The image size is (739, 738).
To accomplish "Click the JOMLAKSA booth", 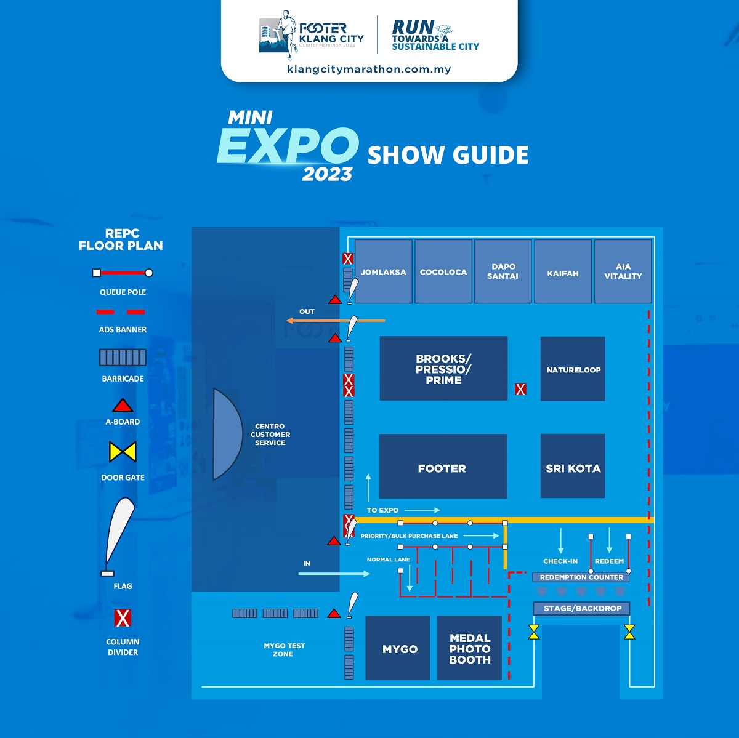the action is click(x=384, y=271).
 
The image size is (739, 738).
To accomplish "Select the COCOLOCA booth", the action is click(x=443, y=271).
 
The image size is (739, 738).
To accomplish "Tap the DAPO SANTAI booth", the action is click(x=503, y=271).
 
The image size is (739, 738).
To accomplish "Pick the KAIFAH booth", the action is click(x=563, y=271).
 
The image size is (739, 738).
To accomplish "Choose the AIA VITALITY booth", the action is click(x=623, y=271).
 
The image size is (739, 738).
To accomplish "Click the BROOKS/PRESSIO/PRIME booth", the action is click(x=443, y=369).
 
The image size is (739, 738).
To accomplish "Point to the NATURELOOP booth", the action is click(x=573, y=369).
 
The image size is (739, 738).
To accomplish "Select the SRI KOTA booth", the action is click(x=573, y=466).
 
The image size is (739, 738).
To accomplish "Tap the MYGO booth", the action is click(x=398, y=648).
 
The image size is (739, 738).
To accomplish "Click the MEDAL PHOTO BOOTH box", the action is click(x=469, y=648).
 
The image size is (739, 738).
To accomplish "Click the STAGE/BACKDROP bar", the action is click(x=581, y=608).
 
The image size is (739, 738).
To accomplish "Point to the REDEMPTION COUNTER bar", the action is click(x=581, y=577).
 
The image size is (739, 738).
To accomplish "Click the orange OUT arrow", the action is click(x=336, y=321).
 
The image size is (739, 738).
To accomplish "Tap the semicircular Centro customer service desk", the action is click(x=228, y=434).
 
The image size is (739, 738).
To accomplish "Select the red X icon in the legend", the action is click(x=123, y=618).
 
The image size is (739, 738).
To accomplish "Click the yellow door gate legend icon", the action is click(x=123, y=451).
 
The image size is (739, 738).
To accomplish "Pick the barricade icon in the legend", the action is click(x=123, y=358).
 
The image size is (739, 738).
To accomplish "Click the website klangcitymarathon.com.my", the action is click(x=369, y=70).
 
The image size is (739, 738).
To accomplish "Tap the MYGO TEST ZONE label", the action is click(x=284, y=649).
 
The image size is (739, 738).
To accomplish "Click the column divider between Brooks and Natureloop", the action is click(x=520, y=389).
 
